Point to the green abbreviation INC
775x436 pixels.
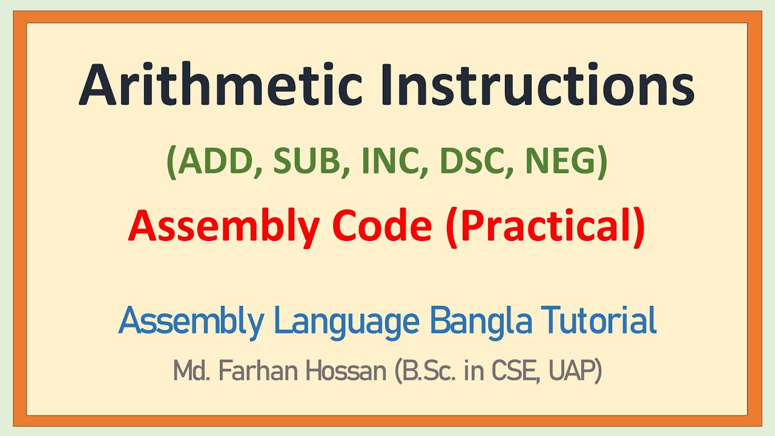point(382,163)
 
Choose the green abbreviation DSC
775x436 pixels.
point(464,163)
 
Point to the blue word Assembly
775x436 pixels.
point(191,322)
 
